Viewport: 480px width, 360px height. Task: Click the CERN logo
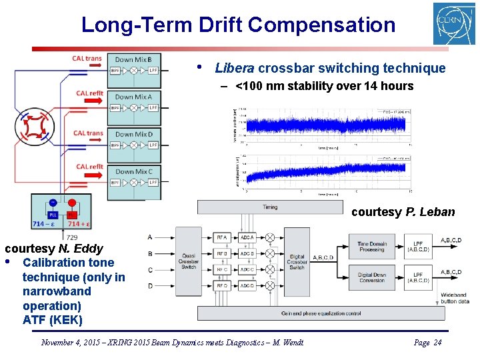pyautogui.click(x=454, y=24)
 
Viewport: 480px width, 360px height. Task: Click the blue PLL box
pyautogui.click(x=53, y=215)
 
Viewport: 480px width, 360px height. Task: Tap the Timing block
pyautogui.click(x=270, y=207)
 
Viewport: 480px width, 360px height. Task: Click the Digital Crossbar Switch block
pyautogui.click(x=297, y=262)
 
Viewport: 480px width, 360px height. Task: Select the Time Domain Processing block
pyautogui.click(x=372, y=247)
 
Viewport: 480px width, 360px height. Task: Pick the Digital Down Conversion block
pyautogui.click(x=372, y=277)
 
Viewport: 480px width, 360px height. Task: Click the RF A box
pyautogui.click(x=221, y=237)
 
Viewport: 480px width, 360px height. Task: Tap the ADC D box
pyautogui.click(x=247, y=286)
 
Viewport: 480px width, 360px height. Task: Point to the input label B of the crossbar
pyautogui.click(x=150, y=253)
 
